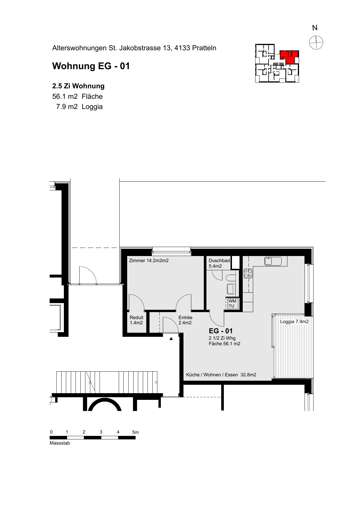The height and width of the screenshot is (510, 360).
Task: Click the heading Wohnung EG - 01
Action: tap(91, 66)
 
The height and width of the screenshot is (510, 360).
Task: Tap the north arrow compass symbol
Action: tap(316, 43)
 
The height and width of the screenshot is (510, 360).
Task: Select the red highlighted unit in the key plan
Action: tap(289, 57)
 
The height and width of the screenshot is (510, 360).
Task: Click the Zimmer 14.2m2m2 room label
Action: tap(149, 260)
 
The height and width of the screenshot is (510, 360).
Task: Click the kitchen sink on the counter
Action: tap(273, 261)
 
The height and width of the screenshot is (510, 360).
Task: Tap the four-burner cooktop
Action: tap(248, 273)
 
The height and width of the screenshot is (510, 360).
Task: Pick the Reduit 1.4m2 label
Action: tap(136, 320)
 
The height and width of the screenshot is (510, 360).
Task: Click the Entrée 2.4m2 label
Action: tap(185, 320)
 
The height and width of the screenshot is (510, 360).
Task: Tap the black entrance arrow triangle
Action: tap(171, 338)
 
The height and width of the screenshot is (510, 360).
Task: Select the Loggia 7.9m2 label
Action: tap(294, 322)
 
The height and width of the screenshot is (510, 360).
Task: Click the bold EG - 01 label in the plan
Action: tap(221, 331)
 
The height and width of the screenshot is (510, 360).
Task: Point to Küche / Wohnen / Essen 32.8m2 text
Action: tap(221, 375)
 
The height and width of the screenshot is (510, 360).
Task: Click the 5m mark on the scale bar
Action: tap(135, 432)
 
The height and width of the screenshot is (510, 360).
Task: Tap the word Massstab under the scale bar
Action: tap(60, 443)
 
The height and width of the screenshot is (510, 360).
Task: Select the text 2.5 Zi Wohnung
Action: tap(78, 86)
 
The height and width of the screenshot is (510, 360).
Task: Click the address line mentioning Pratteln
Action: tap(134, 48)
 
